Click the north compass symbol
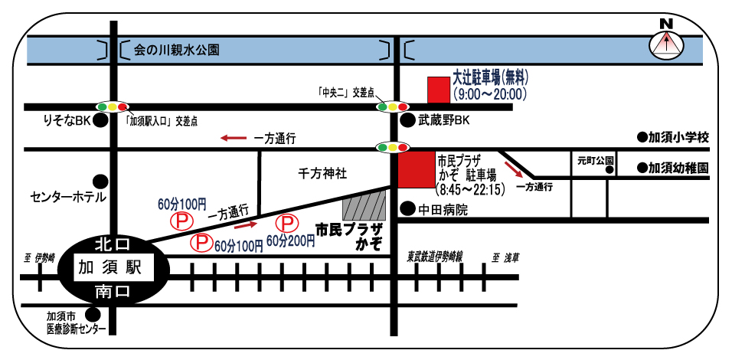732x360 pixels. (x=666, y=44)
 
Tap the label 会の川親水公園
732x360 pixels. (x=177, y=51)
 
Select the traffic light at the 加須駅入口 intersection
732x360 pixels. (x=113, y=107)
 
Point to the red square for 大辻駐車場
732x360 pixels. (x=439, y=90)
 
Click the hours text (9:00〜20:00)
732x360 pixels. (x=489, y=94)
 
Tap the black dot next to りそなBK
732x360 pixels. (x=100, y=121)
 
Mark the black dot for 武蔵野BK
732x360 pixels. (x=407, y=120)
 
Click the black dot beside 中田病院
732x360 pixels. (x=407, y=208)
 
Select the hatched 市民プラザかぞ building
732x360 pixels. (x=364, y=205)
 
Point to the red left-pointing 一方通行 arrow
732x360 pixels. (x=234, y=139)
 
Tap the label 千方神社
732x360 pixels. (x=322, y=175)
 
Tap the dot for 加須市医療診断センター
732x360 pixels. (x=93, y=314)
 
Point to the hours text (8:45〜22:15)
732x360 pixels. (x=469, y=188)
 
